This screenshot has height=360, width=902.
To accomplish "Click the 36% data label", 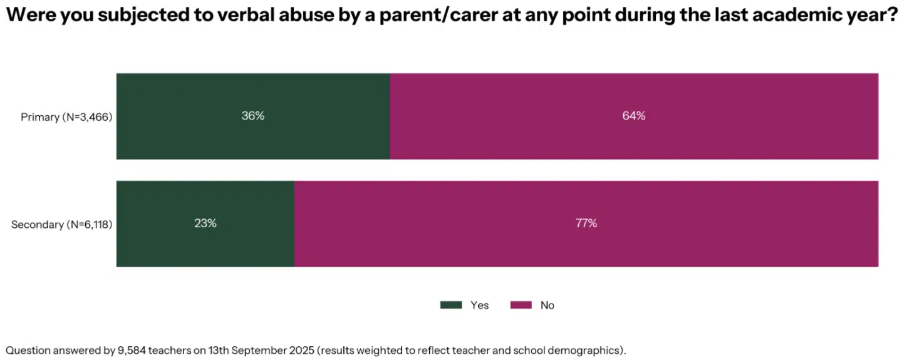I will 253,116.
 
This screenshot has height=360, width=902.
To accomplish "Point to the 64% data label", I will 634,116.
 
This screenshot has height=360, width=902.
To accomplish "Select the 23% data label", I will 205,224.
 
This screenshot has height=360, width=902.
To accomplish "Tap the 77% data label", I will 586,224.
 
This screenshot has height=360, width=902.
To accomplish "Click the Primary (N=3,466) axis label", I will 66,116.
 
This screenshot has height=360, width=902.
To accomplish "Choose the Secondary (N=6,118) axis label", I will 61,224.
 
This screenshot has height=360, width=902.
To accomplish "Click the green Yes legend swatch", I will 451,305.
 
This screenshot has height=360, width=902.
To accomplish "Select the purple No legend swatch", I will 521,305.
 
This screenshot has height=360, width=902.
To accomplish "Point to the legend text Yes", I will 479,305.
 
